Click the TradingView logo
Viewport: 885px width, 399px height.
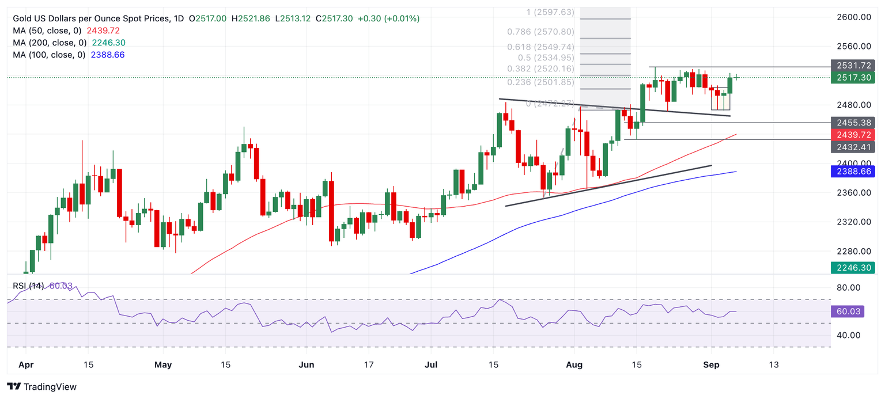click(x=42, y=386)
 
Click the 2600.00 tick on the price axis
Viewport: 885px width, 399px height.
click(x=853, y=17)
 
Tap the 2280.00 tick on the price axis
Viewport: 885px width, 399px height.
click(x=853, y=251)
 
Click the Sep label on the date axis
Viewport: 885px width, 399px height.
click(x=710, y=364)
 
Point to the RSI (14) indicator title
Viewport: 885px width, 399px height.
click(x=28, y=286)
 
